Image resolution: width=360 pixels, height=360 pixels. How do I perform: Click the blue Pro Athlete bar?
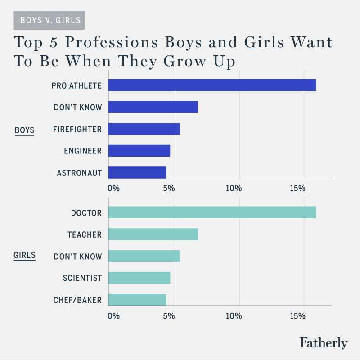coord(212,85)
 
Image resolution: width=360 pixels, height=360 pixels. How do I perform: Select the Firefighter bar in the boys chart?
coord(144,129)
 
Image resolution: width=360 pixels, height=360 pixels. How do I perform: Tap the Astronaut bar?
coord(137,172)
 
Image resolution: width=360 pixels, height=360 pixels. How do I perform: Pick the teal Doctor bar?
coord(212,212)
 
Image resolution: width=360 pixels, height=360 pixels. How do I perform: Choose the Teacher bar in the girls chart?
coord(153,234)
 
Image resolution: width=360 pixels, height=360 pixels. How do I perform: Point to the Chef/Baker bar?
coord(137,300)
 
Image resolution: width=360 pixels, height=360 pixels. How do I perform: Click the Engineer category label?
coord(83,151)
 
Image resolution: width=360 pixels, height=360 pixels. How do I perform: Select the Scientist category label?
coord(82,278)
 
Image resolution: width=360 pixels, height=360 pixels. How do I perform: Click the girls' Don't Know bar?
coord(144,256)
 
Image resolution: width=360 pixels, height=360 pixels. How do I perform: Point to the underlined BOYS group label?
coord(24,130)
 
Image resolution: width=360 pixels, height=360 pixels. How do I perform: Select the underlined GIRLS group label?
coord(25,256)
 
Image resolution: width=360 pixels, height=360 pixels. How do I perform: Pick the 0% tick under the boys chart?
coord(113,188)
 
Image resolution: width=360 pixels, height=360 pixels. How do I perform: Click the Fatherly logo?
coord(324,342)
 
